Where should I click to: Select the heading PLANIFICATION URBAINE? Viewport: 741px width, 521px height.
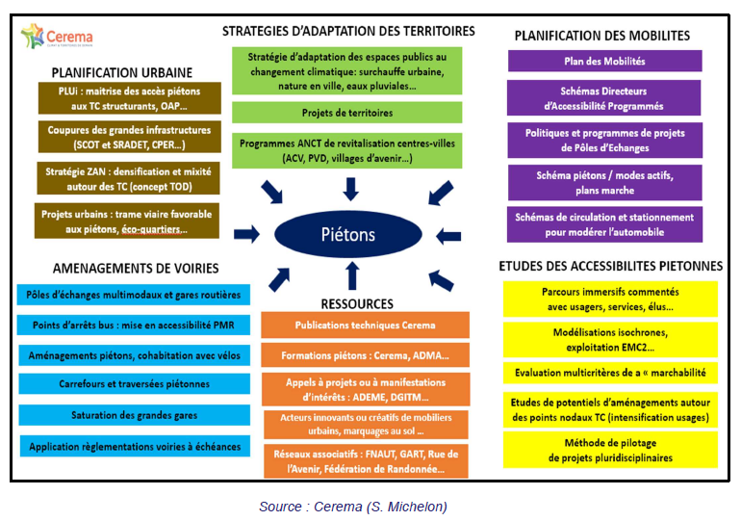point(122,72)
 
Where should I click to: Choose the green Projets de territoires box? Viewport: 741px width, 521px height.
point(346,113)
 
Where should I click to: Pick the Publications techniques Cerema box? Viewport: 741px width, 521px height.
point(365,326)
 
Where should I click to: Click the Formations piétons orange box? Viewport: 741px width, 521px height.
point(365,355)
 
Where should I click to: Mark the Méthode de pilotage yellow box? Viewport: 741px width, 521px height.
point(609,451)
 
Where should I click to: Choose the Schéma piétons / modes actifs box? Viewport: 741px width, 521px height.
point(604,182)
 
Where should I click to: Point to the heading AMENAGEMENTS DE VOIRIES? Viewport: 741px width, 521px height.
point(122,268)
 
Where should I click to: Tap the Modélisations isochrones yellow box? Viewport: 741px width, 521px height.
point(609,338)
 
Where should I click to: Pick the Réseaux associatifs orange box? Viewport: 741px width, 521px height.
point(365,461)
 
